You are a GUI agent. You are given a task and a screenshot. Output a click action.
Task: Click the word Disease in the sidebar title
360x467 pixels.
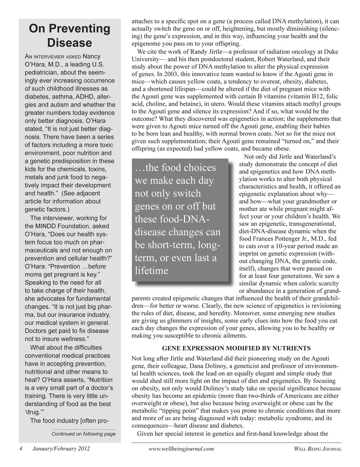pyautogui.click(x=69, y=43)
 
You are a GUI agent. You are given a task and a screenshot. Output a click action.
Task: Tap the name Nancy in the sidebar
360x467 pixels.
pyautogui.click(x=92, y=56)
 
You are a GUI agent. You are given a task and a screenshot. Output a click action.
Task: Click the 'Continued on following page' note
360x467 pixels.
pyautogui.click(x=83, y=434)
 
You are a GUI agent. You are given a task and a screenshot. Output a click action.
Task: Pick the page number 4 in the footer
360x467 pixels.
pyautogui.click(x=21, y=449)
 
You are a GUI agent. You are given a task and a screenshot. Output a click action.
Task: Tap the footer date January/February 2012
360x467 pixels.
pyautogui.click(x=61, y=449)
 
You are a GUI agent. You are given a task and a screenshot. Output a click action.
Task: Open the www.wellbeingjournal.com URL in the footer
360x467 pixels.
pyautogui.click(x=181, y=449)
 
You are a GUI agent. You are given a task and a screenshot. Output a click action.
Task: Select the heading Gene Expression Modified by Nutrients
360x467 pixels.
pyautogui.click(x=236, y=348)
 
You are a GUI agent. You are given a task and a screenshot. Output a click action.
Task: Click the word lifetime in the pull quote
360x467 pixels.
pyautogui.click(x=152, y=271)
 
